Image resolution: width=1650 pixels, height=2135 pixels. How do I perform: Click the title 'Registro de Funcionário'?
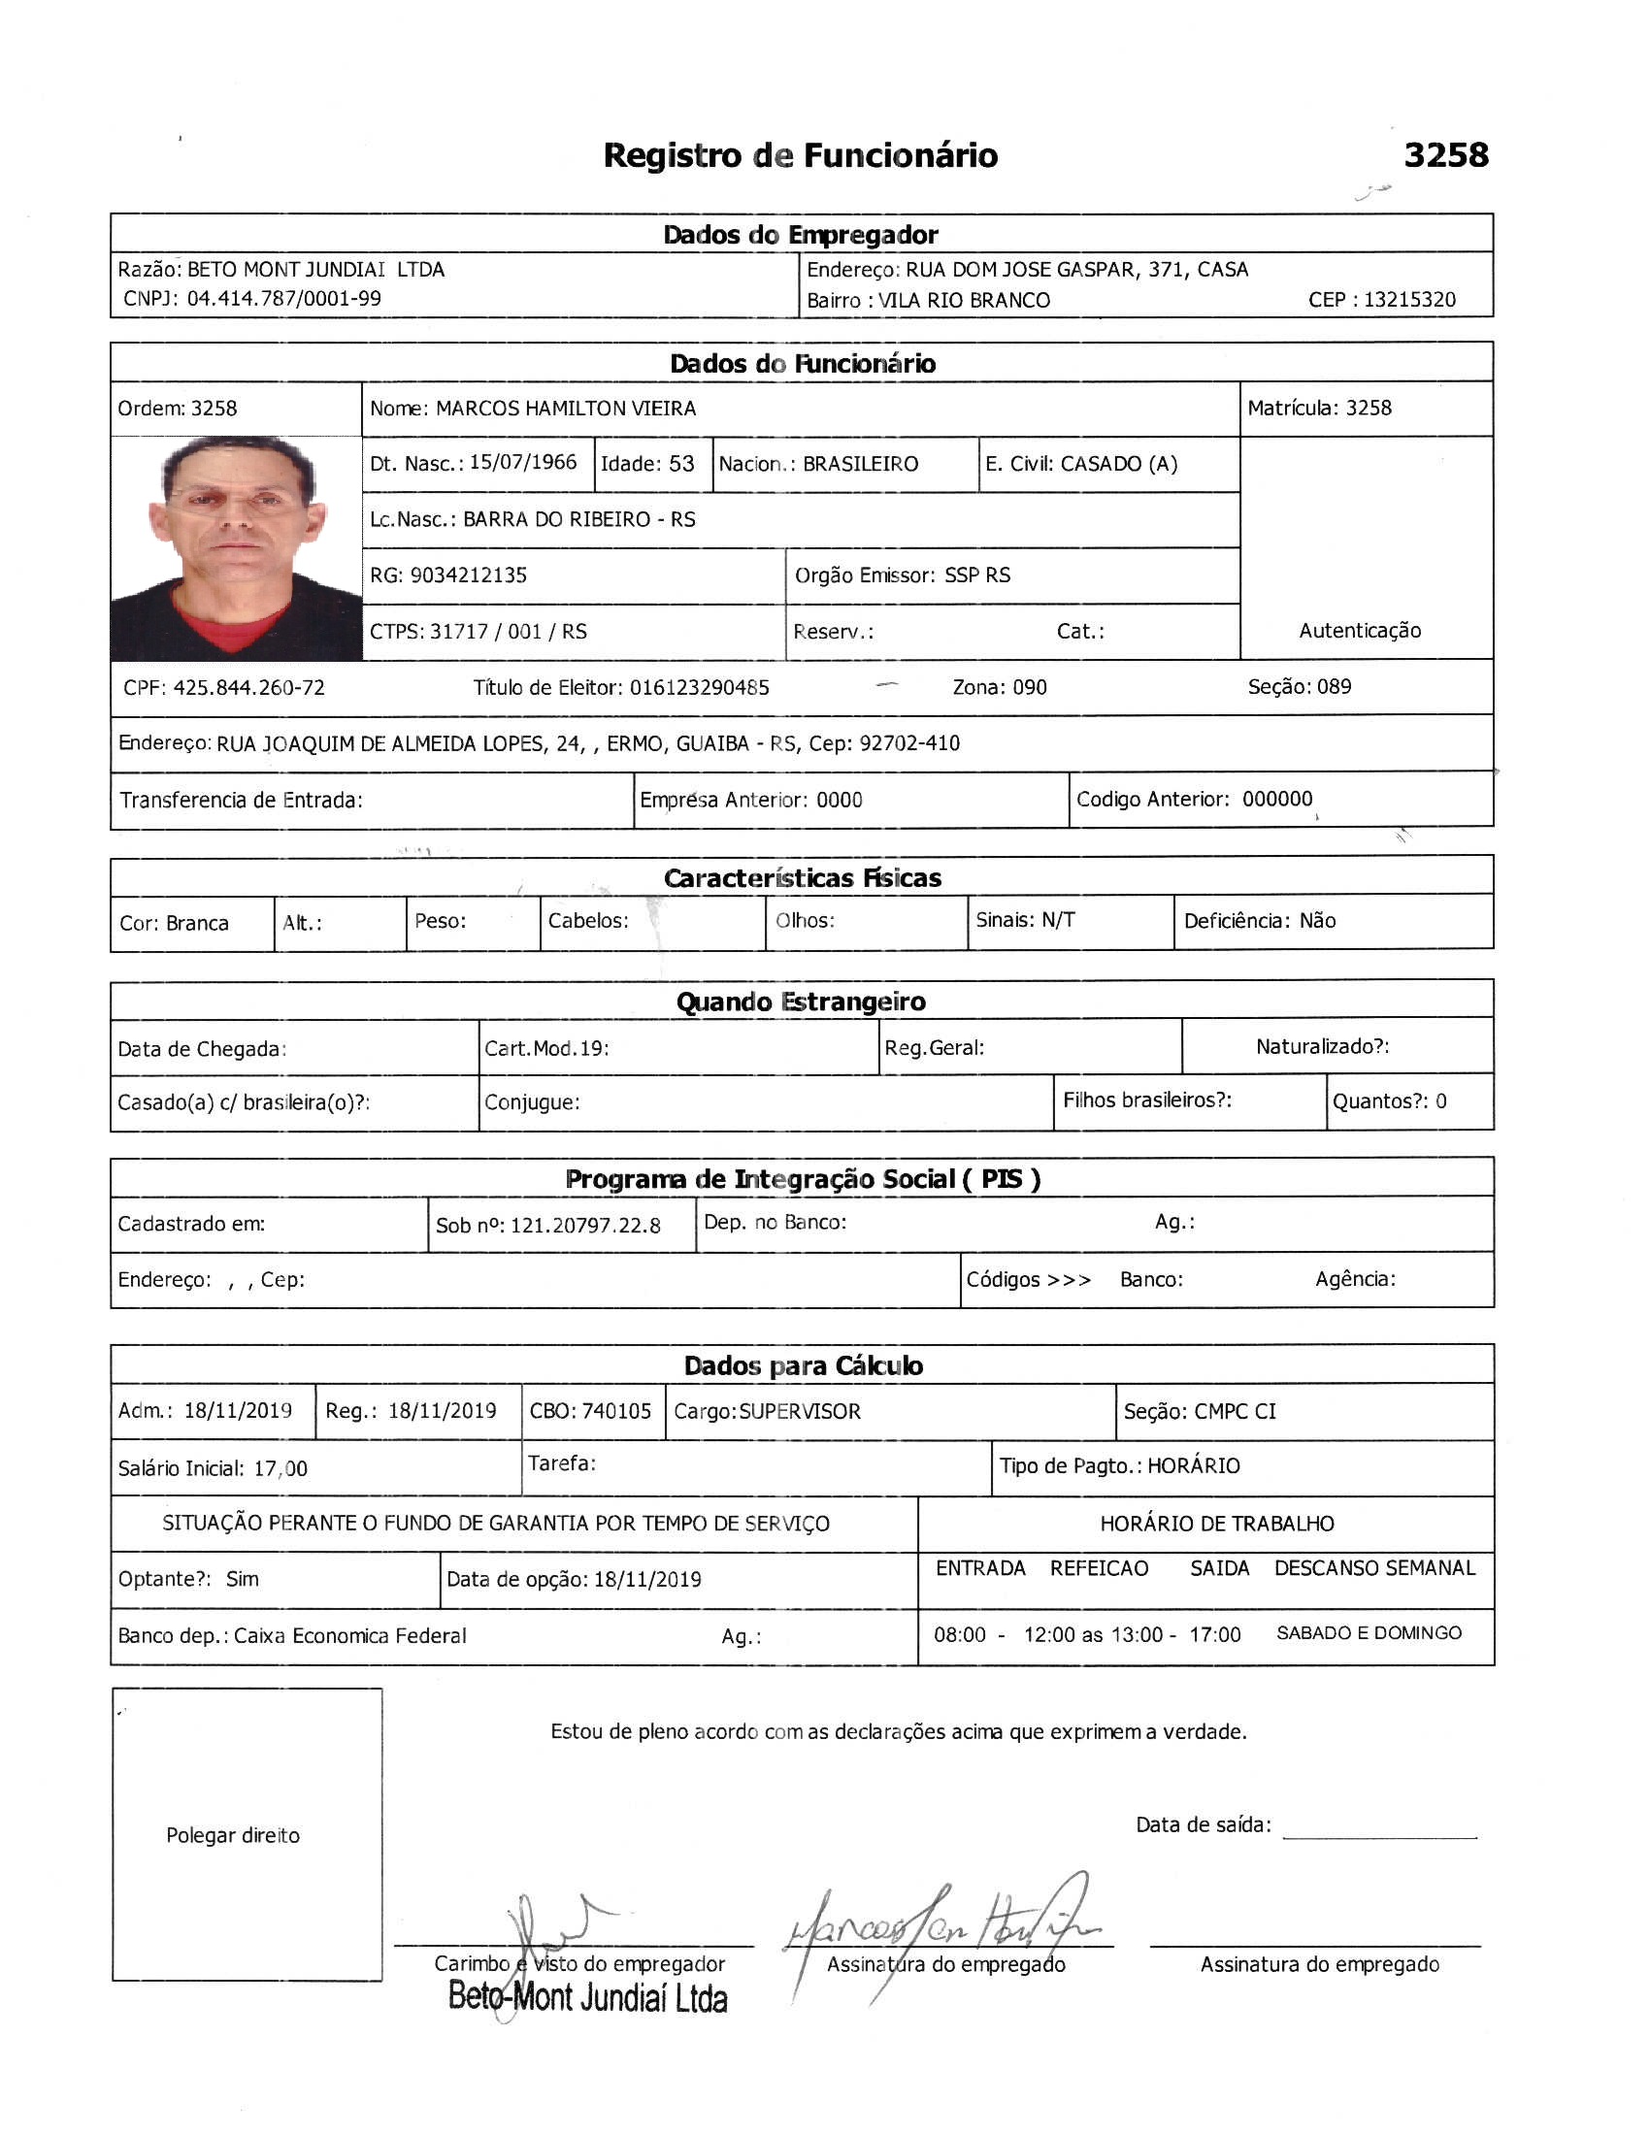[800, 155]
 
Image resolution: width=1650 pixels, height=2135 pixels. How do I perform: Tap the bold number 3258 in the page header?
[1445, 154]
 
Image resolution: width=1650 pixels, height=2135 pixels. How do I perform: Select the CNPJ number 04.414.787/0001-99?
[283, 299]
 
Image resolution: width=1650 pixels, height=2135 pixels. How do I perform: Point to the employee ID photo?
[236, 548]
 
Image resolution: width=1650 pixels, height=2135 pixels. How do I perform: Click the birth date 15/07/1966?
[523, 462]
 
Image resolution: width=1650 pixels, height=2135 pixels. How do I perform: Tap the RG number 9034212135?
[468, 575]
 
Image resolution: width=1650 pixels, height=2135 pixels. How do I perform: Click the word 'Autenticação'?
[1359, 631]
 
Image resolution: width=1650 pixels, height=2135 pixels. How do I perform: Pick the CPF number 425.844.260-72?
[248, 687]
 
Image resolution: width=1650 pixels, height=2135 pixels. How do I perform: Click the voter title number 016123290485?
[699, 687]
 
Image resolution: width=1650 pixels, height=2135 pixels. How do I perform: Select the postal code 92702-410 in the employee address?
[909, 743]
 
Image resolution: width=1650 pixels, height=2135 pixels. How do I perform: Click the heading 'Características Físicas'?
[802, 878]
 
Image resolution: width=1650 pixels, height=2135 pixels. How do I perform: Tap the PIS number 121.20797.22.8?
[585, 1225]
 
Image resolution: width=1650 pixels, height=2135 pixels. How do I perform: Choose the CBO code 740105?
[615, 1411]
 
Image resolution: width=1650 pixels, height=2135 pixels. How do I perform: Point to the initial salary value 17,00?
[280, 1468]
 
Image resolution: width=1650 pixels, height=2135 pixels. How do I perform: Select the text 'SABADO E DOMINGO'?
[1369, 1632]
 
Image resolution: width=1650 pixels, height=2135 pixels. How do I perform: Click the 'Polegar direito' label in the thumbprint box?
[233, 1835]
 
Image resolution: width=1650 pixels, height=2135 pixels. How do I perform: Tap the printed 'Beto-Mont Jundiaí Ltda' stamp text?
[587, 1997]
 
